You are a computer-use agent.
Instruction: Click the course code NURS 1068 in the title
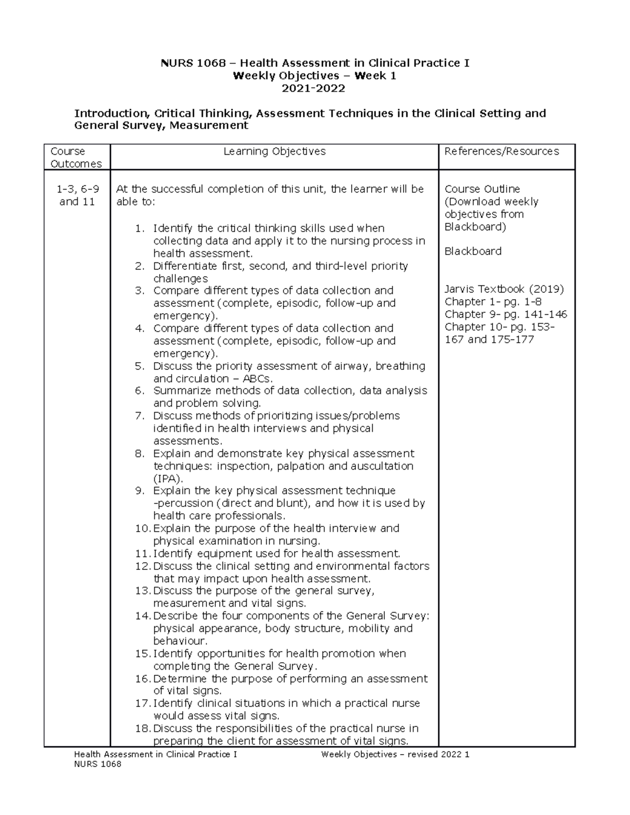pos(193,63)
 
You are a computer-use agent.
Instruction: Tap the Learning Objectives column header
pos(274,151)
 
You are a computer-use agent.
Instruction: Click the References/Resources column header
pos(501,151)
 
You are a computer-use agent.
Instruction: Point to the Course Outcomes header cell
pos(76,157)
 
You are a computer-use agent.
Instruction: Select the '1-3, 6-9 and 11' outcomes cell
pos(77,195)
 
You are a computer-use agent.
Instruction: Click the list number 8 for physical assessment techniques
pos(139,453)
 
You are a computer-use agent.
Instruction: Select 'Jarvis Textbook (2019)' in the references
pos(504,289)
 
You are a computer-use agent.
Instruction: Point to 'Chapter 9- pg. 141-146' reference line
pos(506,314)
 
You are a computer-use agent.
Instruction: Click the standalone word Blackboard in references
pos(472,251)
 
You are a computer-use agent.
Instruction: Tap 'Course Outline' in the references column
pos(482,189)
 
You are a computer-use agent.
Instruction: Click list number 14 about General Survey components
pos(142,616)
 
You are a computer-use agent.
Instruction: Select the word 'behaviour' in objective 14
pos(179,641)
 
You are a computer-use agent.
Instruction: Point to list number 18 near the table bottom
pos(142,728)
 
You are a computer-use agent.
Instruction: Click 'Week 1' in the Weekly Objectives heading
pos(375,76)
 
